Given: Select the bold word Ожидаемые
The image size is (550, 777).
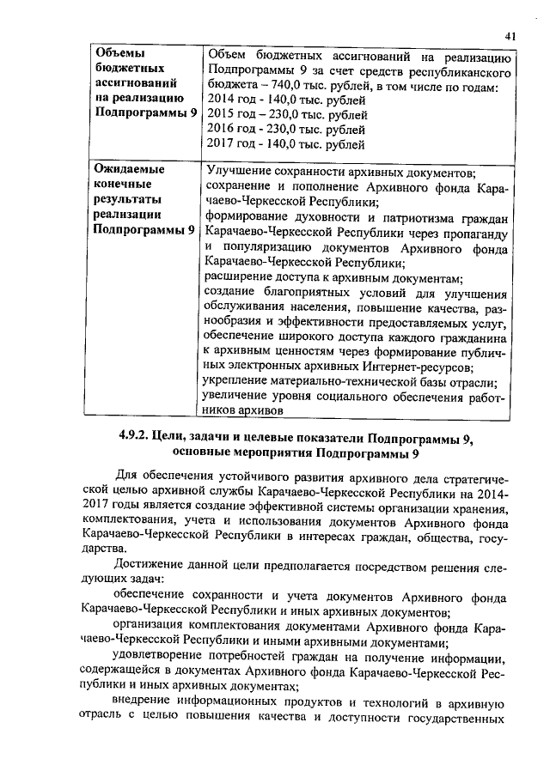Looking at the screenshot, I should pyautogui.click(x=129, y=171).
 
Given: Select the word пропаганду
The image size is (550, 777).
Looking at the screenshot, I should pyautogui.click(x=478, y=232).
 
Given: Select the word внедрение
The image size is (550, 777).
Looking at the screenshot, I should pyautogui.click(x=147, y=703).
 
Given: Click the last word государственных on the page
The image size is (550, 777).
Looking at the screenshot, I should pyautogui.click(x=461, y=719).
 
